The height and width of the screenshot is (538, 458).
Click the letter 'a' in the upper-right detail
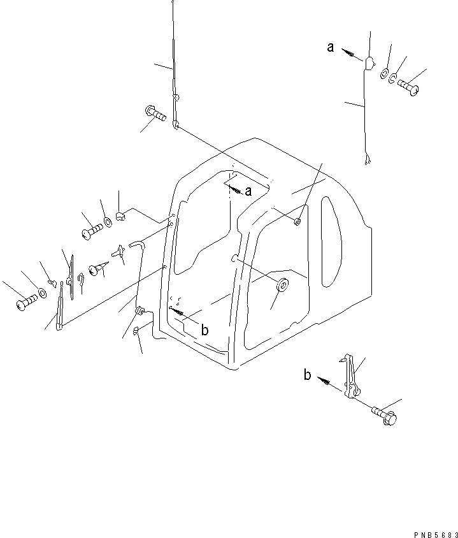[331, 47]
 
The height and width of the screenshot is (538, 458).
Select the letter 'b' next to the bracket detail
[307, 375]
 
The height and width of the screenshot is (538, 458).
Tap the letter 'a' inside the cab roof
[248, 191]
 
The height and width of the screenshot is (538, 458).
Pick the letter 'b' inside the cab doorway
[204, 330]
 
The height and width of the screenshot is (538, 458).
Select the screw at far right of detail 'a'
[408, 86]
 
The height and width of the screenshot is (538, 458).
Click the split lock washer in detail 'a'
[394, 80]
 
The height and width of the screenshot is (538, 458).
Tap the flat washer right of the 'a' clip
[385, 74]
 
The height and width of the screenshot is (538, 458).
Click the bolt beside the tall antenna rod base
[155, 115]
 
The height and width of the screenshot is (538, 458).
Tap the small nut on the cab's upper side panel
[298, 221]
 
